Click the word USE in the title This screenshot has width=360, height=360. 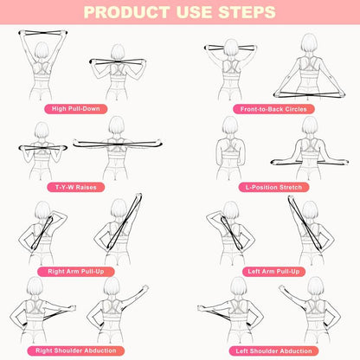point(187,13)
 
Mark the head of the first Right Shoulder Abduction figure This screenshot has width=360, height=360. point(36,287)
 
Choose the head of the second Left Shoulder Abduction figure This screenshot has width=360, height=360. point(308,288)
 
